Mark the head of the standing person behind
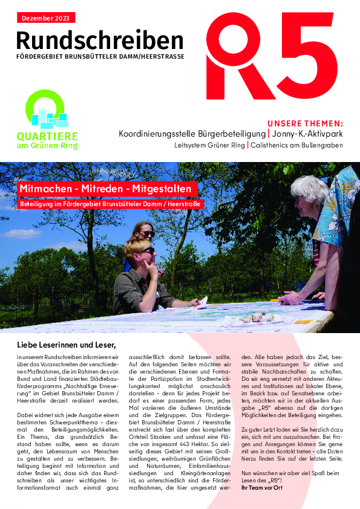[x=143, y=230]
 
